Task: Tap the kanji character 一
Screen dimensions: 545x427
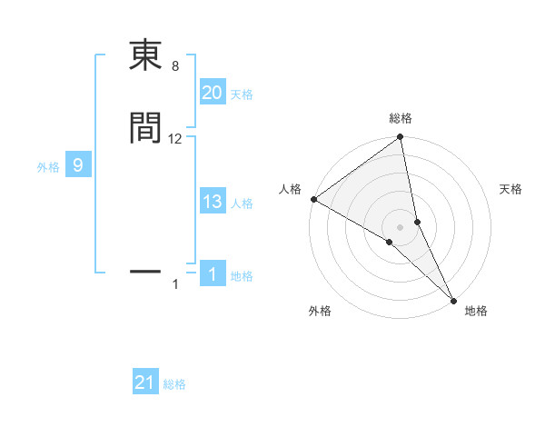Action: (x=145, y=271)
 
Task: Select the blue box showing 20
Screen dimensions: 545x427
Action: (x=212, y=93)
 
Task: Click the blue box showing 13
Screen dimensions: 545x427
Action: (x=212, y=203)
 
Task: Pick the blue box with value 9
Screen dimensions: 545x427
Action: (x=78, y=165)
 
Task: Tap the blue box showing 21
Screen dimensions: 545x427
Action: (x=145, y=383)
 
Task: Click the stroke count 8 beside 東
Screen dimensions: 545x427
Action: (x=174, y=66)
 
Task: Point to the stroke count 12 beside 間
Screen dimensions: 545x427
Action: (x=175, y=139)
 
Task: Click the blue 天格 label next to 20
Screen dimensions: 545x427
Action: (x=242, y=94)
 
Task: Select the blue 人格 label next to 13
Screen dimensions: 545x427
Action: (x=242, y=204)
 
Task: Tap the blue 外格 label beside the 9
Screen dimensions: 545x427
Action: (x=47, y=166)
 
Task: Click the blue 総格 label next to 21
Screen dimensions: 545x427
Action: (x=174, y=384)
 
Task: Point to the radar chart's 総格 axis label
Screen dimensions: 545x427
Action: (x=401, y=119)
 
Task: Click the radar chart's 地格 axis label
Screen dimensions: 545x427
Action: (x=476, y=311)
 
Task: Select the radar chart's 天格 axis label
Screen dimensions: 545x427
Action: (x=510, y=189)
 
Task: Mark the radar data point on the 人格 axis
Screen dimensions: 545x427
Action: (x=313, y=199)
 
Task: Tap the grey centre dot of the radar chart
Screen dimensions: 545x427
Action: (x=401, y=227)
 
